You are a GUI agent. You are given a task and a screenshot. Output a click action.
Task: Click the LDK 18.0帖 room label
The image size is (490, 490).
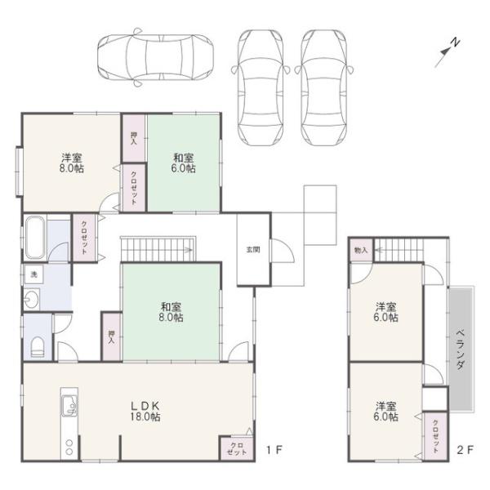[145, 412]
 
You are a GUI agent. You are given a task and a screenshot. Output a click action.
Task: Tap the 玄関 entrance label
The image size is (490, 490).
[253, 250]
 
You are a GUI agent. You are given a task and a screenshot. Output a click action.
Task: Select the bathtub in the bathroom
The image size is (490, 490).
[35, 238]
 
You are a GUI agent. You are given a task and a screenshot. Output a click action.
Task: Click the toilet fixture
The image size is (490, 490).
[38, 347]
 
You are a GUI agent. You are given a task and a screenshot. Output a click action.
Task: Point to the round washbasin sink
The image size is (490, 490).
[31, 300]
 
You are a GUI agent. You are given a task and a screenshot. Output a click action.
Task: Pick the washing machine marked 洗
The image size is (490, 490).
[33, 275]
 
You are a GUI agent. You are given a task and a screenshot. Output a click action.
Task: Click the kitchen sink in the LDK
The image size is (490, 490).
[69, 406]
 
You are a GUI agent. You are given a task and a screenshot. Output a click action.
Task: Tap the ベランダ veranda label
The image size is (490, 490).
[460, 350]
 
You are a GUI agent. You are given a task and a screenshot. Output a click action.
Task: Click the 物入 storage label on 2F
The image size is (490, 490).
[361, 250]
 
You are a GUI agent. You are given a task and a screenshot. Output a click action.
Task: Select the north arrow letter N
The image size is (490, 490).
[457, 42]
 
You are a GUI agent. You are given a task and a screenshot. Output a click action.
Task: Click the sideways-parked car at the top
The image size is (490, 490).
[156, 57]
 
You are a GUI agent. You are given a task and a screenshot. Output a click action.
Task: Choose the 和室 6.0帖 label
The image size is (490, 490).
[184, 163]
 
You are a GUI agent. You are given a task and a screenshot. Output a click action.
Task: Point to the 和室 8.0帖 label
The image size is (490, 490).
[171, 312]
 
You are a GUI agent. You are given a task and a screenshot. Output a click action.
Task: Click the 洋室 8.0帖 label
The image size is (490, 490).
[72, 163]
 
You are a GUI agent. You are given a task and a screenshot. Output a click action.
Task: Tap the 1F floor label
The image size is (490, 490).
[274, 450]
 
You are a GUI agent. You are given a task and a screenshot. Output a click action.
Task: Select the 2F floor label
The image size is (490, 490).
[465, 450]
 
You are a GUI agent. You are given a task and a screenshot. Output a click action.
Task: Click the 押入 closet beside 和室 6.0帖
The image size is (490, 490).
[134, 139]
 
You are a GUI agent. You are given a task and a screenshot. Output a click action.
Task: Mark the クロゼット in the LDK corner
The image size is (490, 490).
[237, 448]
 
